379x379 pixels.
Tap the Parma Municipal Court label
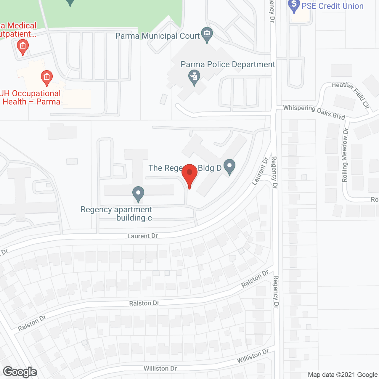[x=158, y=36]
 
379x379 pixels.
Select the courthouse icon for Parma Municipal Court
[x=207, y=34]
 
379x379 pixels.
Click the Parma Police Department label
[x=228, y=65]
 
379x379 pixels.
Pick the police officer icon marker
[x=194, y=77]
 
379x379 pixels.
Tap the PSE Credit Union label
[x=332, y=6]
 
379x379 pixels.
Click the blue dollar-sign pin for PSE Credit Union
[x=294, y=5]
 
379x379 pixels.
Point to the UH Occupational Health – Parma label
[x=31, y=98]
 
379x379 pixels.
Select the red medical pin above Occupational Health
[x=46, y=78]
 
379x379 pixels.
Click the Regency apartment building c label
[x=116, y=213]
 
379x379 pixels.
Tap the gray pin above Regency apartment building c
[x=138, y=194]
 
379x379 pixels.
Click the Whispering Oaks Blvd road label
[x=314, y=112]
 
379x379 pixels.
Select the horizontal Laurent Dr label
[x=142, y=236]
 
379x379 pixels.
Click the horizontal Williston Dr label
[x=160, y=368]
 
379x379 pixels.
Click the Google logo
[x=20, y=372]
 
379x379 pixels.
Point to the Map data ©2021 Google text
[x=343, y=375]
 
